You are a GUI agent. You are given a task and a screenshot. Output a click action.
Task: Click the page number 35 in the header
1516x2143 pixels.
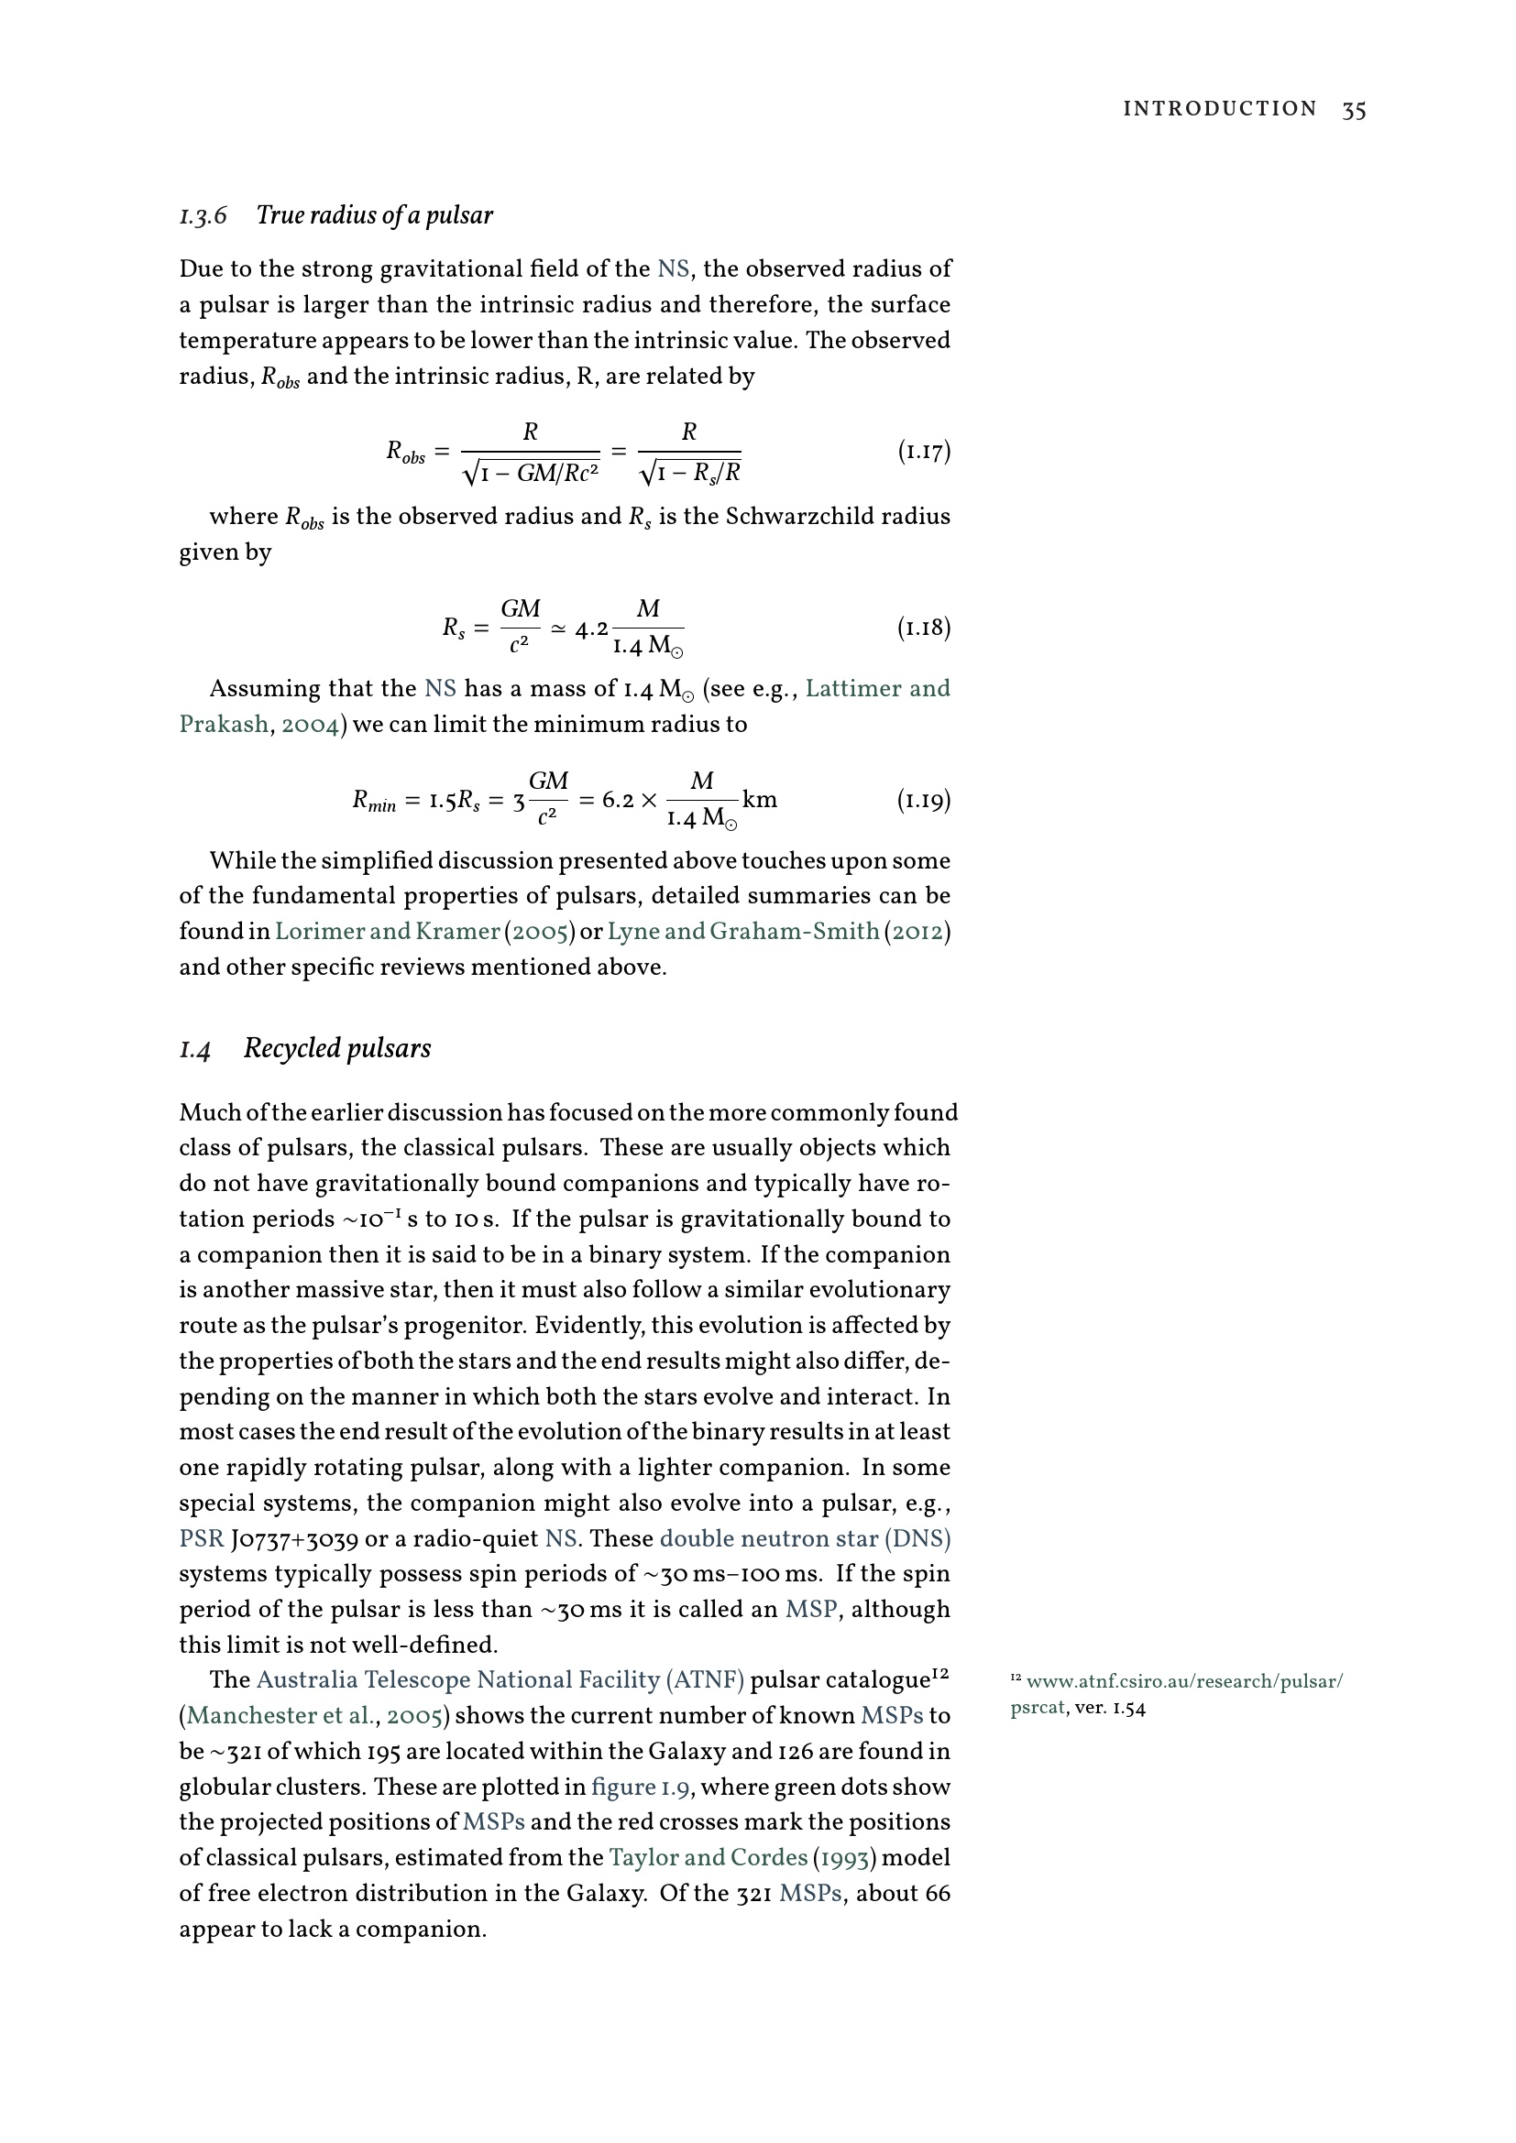[1354, 110]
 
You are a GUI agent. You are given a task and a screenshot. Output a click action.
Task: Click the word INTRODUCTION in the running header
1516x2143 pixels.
[1219, 109]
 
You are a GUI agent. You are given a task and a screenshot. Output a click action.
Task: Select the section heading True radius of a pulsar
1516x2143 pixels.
[373, 215]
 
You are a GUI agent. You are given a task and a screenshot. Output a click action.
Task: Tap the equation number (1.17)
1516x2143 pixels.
[923, 452]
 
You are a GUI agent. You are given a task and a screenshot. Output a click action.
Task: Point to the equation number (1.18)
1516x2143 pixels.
[923, 628]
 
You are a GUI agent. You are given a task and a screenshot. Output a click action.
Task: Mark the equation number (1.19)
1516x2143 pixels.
[923, 800]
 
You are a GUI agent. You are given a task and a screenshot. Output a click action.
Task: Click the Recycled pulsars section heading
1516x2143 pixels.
[337, 1048]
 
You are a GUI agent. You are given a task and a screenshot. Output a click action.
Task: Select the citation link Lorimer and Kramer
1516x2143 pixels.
[388, 932]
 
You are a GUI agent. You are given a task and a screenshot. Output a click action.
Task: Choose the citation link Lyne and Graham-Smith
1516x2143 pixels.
[743, 932]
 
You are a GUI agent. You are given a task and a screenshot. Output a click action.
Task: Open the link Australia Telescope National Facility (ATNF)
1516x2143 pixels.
[500, 1680]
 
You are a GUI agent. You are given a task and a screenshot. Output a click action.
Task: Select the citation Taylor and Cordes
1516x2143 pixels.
[708, 1857]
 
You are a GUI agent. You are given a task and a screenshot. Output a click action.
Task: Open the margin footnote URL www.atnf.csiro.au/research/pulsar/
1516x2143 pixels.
[1183, 1682]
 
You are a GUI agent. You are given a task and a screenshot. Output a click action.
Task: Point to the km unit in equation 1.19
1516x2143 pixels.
[760, 800]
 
